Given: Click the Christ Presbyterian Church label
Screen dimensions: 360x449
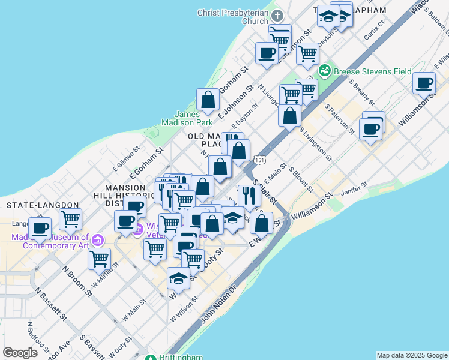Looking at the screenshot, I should pyautogui.click(x=234, y=16).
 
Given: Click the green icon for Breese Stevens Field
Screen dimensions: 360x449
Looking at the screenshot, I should pyautogui.click(x=325, y=71).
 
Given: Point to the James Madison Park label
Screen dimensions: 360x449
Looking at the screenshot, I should pyautogui.click(x=193, y=118).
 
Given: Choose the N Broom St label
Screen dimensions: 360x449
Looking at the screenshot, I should pyautogui.click(x=77, y=281).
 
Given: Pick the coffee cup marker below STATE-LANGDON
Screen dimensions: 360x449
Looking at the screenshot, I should pyautogui.click(x=40, y=228).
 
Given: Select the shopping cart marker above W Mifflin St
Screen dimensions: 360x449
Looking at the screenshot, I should pyautogui.click(x=99, y=259).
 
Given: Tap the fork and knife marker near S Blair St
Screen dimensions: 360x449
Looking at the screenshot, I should pyautogui.click(x=249, y=195).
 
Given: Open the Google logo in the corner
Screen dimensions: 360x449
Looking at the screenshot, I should pyautogui.click(x=20, y=353).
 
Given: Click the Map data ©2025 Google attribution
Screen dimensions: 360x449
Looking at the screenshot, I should pyautogui.click(x=412, y=355).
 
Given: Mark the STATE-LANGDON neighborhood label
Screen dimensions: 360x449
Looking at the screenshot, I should pyautogui.click(x=36, y=205).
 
